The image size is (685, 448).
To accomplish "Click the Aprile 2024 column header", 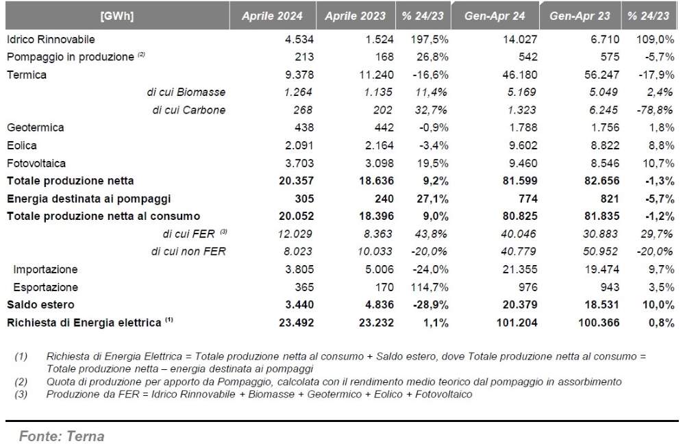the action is tap(272, 16).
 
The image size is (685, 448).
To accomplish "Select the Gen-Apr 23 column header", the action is tap(580, 16).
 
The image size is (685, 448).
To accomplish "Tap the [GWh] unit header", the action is tap(117, 16).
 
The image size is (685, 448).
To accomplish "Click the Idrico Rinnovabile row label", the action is tap(51, 39).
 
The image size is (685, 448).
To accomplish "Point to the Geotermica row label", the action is tap(36, 127).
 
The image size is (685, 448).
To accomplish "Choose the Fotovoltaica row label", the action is tap(36, 164).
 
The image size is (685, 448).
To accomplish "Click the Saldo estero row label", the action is tap(40, 305).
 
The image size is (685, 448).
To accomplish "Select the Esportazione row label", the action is tap(45, 287).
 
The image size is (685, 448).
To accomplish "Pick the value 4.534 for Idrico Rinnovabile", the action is tap(299, 39).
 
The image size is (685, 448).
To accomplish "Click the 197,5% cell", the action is tap(429, 39).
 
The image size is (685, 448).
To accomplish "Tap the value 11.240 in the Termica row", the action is tap(376, 75).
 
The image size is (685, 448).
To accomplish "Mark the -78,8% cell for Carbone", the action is tap(655, 110).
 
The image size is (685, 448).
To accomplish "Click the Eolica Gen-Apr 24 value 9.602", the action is tap(523, 145).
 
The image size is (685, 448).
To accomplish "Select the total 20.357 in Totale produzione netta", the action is tap(296, 181).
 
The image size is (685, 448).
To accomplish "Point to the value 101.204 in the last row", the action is tap(516, 323).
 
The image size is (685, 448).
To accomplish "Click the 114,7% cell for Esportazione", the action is tap(429, 287).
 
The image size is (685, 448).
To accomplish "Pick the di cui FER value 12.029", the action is tap(295, 234).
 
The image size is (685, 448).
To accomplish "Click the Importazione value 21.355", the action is tap(520, 269).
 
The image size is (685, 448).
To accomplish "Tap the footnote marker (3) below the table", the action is tap(21, 395).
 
